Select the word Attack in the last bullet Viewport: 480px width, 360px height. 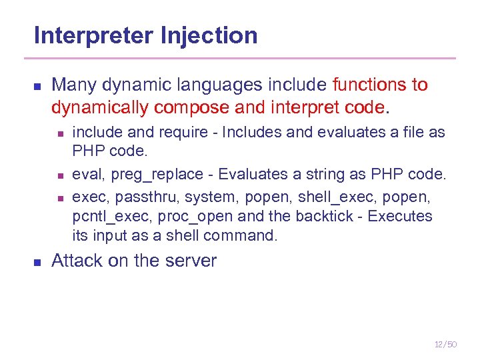click(72, 261)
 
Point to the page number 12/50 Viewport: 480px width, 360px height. click(445, 344)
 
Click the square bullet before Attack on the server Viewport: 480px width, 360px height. click(37, 262)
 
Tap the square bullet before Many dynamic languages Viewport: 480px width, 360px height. click(37, 87)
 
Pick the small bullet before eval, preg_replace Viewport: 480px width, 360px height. click(59, 176)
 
